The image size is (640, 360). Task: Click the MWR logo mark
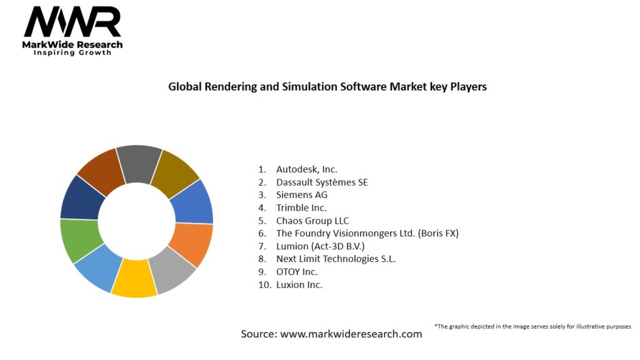point(72,23)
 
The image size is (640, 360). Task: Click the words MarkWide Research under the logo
point(72,45)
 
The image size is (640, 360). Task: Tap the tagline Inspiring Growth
point(72,52)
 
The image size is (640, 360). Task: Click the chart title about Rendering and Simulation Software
point(327,87)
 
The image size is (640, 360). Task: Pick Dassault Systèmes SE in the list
point(322,182)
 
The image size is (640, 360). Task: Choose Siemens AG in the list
point(302,195)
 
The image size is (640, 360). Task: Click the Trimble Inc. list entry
point(301,207)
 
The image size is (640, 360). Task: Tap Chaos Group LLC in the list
point(312,221)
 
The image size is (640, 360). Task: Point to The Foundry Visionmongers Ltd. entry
point(367,233)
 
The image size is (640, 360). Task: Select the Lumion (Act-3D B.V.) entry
point(320,246)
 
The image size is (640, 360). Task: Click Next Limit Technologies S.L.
point(336,259)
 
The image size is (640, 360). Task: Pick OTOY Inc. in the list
point(297,272)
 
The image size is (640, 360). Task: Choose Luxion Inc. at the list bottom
point(299,284)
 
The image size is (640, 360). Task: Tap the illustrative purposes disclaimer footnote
point(532,326)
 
